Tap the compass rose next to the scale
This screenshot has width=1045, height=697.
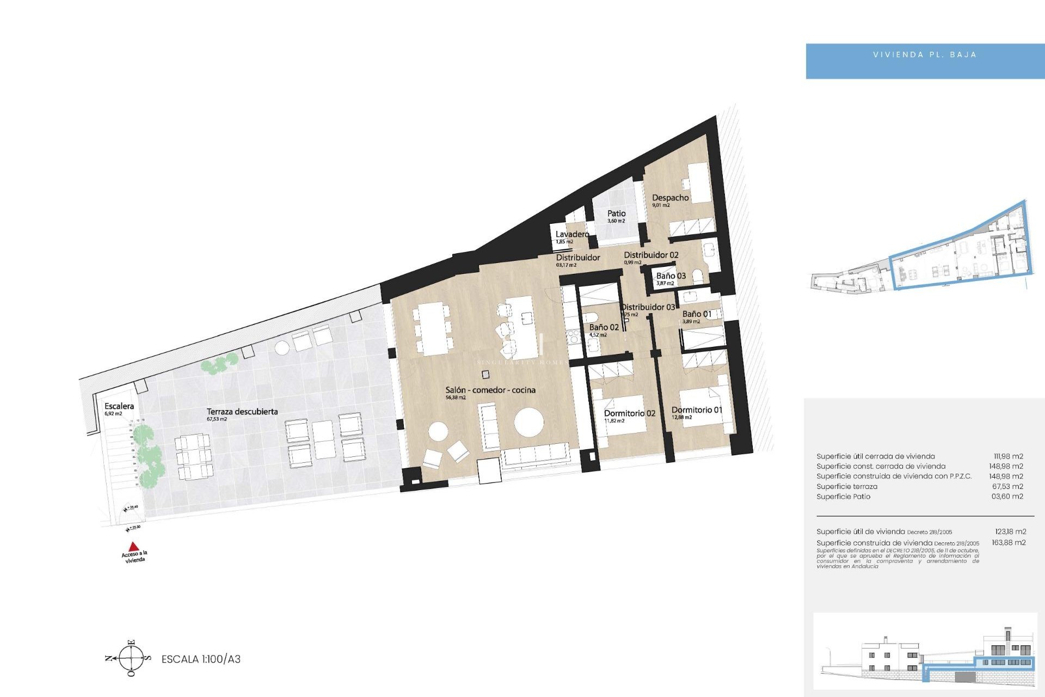tap(131, 658)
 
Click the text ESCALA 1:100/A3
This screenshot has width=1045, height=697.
tap(201, 659)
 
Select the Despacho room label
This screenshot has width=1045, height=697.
tap(670, 198)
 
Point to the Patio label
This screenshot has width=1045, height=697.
tap(616, 213)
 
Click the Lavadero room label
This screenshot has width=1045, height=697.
tap(572, 234)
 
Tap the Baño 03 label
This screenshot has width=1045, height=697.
tap(671, 276)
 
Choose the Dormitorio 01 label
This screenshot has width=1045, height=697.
tap(696, 409)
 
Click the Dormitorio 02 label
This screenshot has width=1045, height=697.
tap(629, 413)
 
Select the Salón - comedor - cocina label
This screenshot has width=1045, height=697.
tap(490, 390)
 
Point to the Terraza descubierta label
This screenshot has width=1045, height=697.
tap(242, 412)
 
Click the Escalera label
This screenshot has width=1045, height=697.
tap(119, 406)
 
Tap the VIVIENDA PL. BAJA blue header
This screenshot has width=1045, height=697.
tap(924, 55)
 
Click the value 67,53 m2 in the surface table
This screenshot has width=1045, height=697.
tap(1007, 486)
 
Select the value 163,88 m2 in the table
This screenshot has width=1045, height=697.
tap(1009, 542)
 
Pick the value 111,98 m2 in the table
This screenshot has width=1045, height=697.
tap(1008, 456)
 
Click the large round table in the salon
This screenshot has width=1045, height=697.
tap(528, 422)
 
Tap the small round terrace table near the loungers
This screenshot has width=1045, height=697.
tap(282, 348)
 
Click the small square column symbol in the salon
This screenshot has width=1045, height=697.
tap(485, 375)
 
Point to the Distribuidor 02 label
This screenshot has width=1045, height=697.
tap(651, 255)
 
